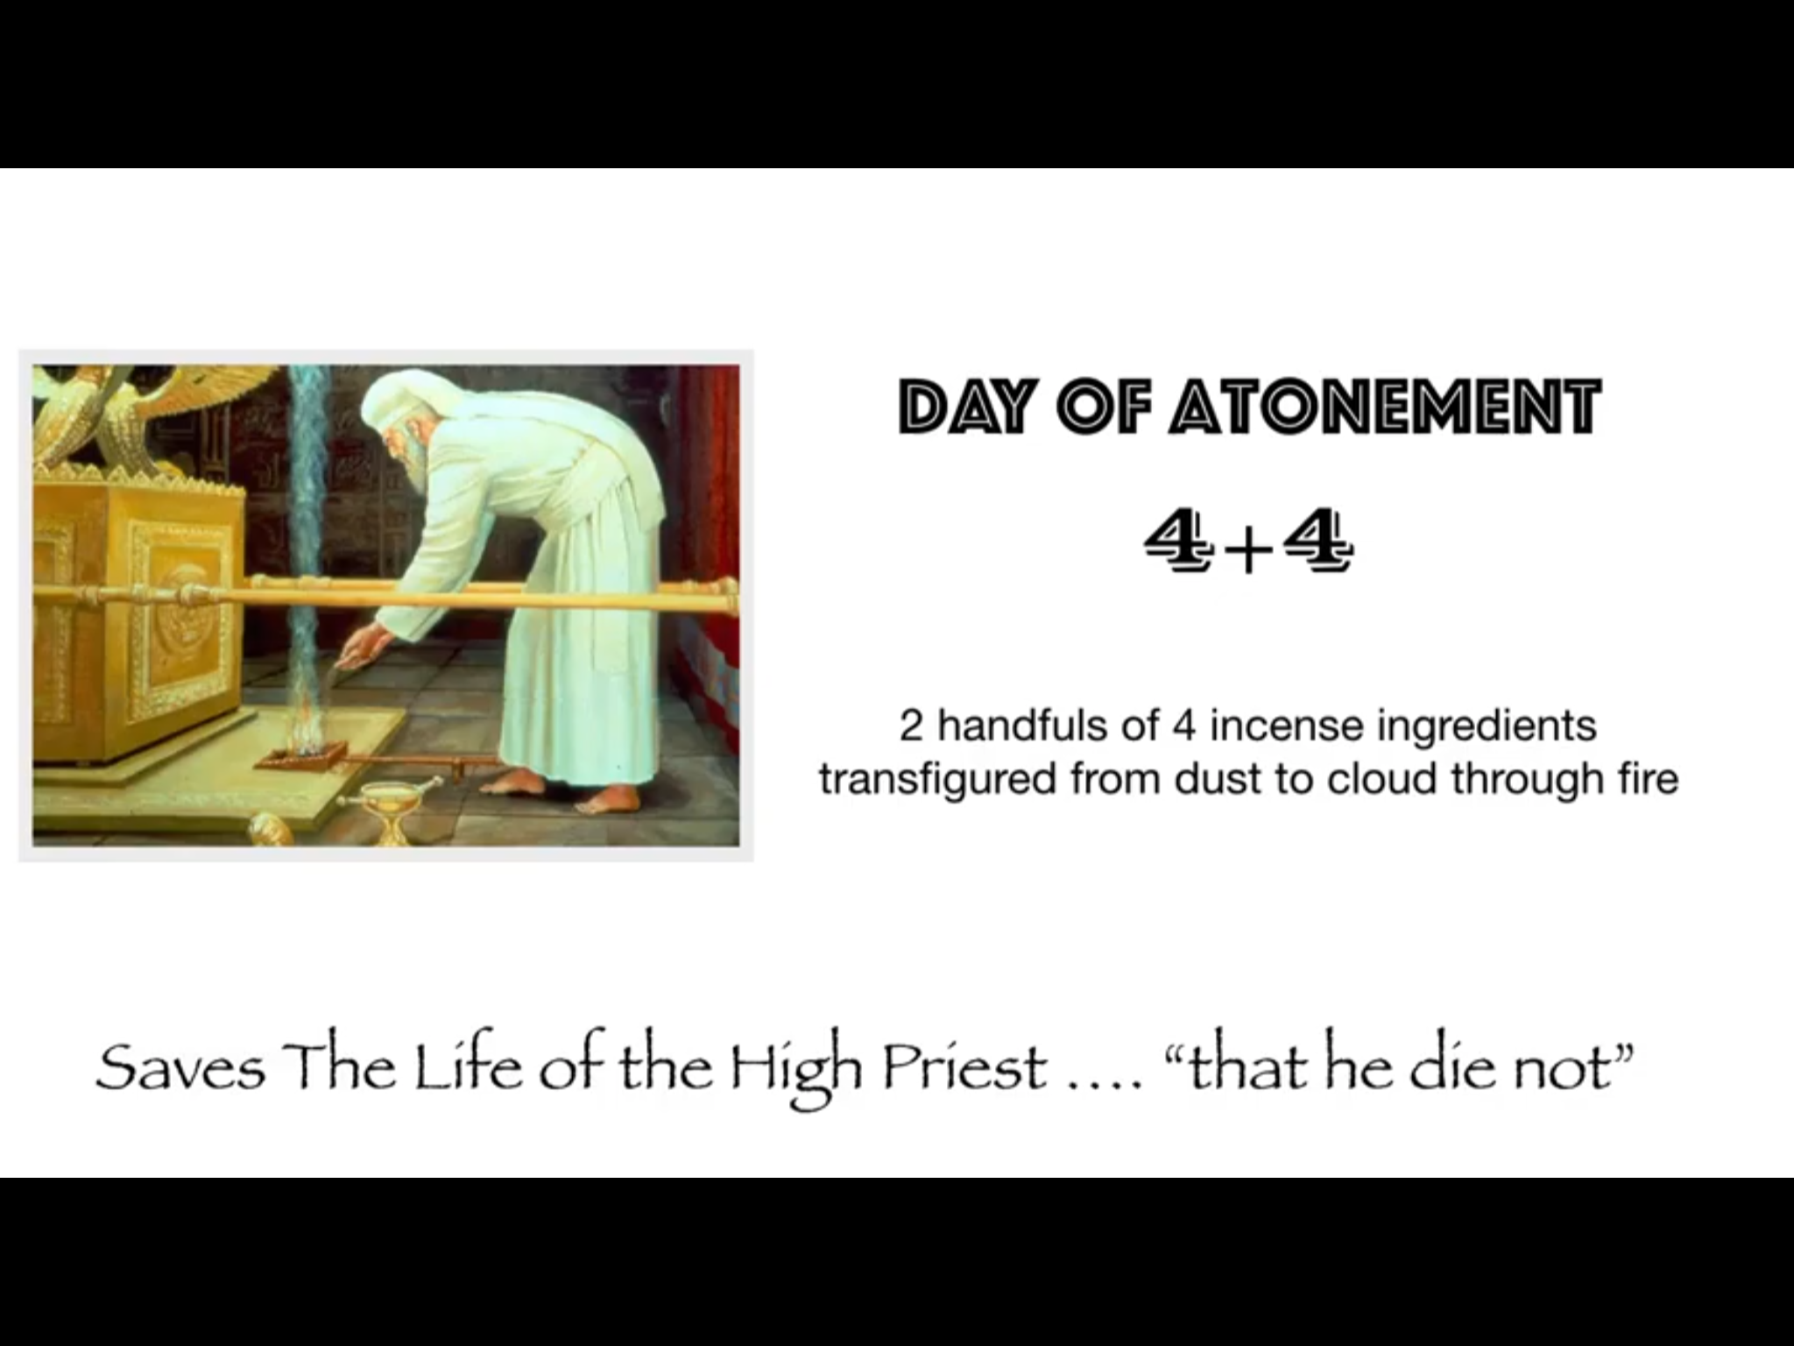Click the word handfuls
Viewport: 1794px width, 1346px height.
pyautogui.click(x=1048, y=726)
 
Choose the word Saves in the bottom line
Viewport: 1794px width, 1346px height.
pyautogui.click(x=180, y=1068)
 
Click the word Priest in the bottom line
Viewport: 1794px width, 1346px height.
pyautogui.click(x=964, y=1068)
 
